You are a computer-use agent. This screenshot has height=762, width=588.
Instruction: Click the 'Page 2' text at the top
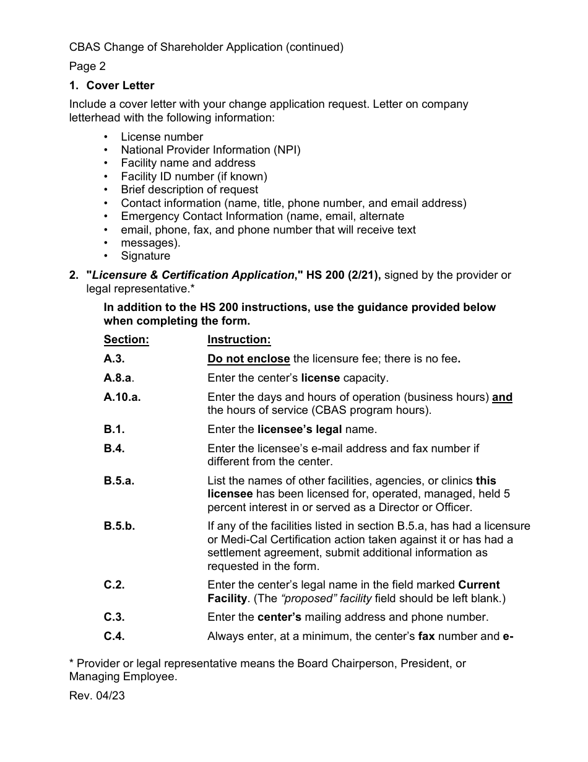87,66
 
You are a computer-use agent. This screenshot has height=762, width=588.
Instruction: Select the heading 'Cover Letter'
120,85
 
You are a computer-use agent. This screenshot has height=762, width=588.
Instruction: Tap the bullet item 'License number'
162,137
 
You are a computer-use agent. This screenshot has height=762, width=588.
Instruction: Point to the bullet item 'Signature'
145,256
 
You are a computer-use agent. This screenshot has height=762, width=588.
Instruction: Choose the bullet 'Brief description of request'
189,190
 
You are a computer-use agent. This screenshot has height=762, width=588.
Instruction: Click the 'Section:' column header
126,339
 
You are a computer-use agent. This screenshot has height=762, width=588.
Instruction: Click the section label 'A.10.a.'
122,397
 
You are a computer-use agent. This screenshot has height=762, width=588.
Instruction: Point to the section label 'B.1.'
115,429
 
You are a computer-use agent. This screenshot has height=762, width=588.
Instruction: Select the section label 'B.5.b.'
119,526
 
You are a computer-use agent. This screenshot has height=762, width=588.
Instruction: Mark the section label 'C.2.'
115,585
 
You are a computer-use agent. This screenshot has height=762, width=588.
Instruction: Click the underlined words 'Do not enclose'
249,359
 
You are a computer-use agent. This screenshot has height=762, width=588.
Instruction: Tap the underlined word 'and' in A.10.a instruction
502,397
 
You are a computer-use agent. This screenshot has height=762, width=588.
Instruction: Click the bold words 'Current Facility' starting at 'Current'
478,585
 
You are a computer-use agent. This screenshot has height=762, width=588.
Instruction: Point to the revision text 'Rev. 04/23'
97,696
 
